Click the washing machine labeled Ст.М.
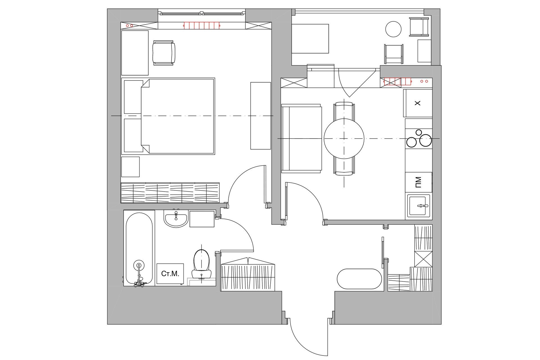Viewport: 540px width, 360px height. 170,274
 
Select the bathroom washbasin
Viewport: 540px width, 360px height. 176,219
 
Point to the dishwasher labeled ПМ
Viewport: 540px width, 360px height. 418,182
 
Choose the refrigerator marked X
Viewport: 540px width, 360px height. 418,103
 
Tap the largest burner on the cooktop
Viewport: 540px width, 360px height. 425,141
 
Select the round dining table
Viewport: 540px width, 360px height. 344,139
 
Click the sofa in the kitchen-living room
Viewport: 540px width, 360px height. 301,138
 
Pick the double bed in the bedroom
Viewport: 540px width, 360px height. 168,116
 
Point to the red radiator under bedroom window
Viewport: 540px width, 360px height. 201,26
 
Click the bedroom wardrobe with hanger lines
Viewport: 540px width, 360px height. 170,193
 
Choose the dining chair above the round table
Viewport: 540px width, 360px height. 344,111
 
